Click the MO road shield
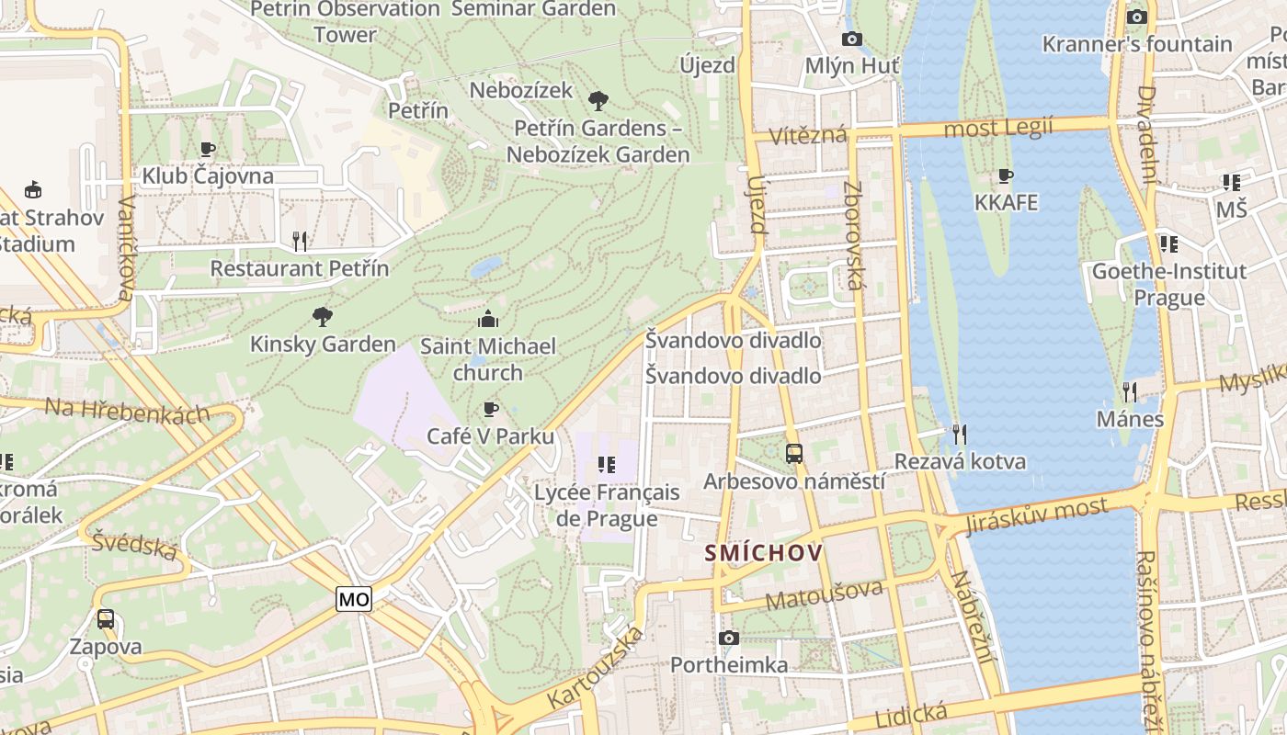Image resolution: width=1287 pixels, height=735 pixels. click(354, 600)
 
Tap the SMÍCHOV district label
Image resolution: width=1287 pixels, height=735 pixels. click(763, 553)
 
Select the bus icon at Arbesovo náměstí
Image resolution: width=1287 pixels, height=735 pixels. click(793, 453)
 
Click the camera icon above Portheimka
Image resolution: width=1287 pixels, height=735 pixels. click(729, 638)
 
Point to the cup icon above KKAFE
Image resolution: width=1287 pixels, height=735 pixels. click(1006, 175)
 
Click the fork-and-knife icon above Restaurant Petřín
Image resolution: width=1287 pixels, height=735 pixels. click(299, 242)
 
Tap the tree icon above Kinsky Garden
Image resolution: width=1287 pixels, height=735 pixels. click(322, 317)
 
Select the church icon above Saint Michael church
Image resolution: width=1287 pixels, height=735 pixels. click(488, 319)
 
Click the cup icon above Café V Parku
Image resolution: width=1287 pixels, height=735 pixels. click(491, 409)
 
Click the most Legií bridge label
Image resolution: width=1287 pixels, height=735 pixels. click(998, 127)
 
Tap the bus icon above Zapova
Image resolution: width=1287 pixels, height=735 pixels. click(106, 619)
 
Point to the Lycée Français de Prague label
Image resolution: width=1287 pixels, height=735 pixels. click(607, 504)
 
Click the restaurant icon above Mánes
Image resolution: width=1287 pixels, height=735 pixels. click(1130, 392)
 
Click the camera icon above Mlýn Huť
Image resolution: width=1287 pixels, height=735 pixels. click(852, 39)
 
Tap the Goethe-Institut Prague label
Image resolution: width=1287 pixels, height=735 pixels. click(1168, 284)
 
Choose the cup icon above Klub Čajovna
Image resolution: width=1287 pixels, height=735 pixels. click(208, 149)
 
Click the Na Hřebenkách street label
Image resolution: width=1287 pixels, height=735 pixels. click(128, 411)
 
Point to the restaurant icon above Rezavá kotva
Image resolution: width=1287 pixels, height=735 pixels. click(960, 434)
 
